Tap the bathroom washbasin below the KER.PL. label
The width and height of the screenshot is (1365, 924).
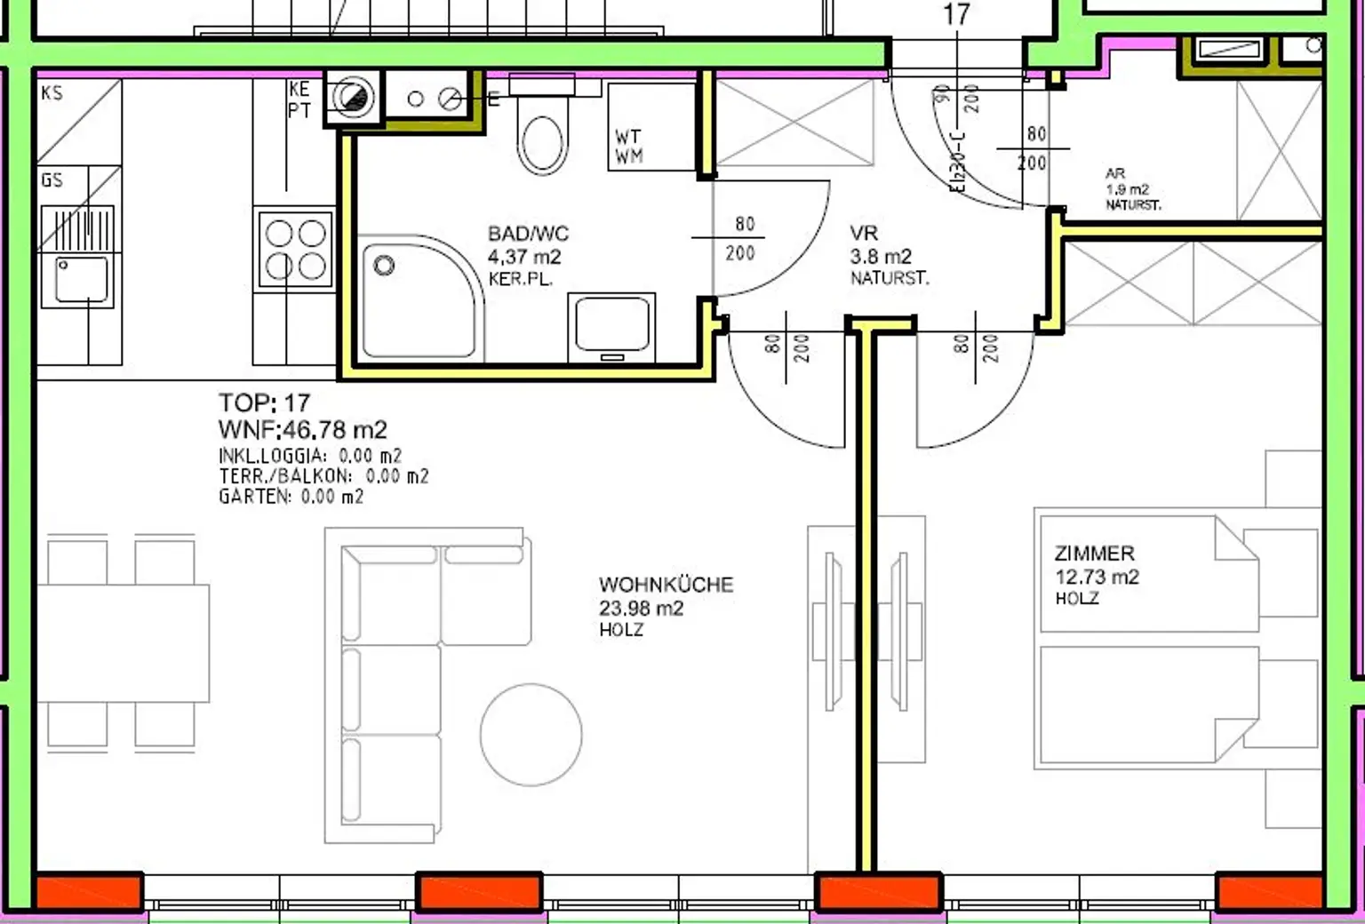(x=611, y=324)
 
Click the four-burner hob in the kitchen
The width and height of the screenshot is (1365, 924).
(x=295, y=249)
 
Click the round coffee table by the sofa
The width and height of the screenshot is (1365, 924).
(x=531, y=734)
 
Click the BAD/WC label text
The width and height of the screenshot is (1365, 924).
(x=528, y=235)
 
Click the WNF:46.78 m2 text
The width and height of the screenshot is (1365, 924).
(x=302, y=430)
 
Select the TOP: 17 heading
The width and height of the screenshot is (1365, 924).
(x=264, y=402)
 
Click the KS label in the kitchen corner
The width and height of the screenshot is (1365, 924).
(x=52, y=92)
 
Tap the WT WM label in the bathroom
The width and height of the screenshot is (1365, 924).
(x=629, y=147)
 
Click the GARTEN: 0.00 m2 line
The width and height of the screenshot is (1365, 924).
(x=291, y=497)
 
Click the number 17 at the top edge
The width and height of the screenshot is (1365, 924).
(x=956, y=14)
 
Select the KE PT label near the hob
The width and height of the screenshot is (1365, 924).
(x=299, y=100)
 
